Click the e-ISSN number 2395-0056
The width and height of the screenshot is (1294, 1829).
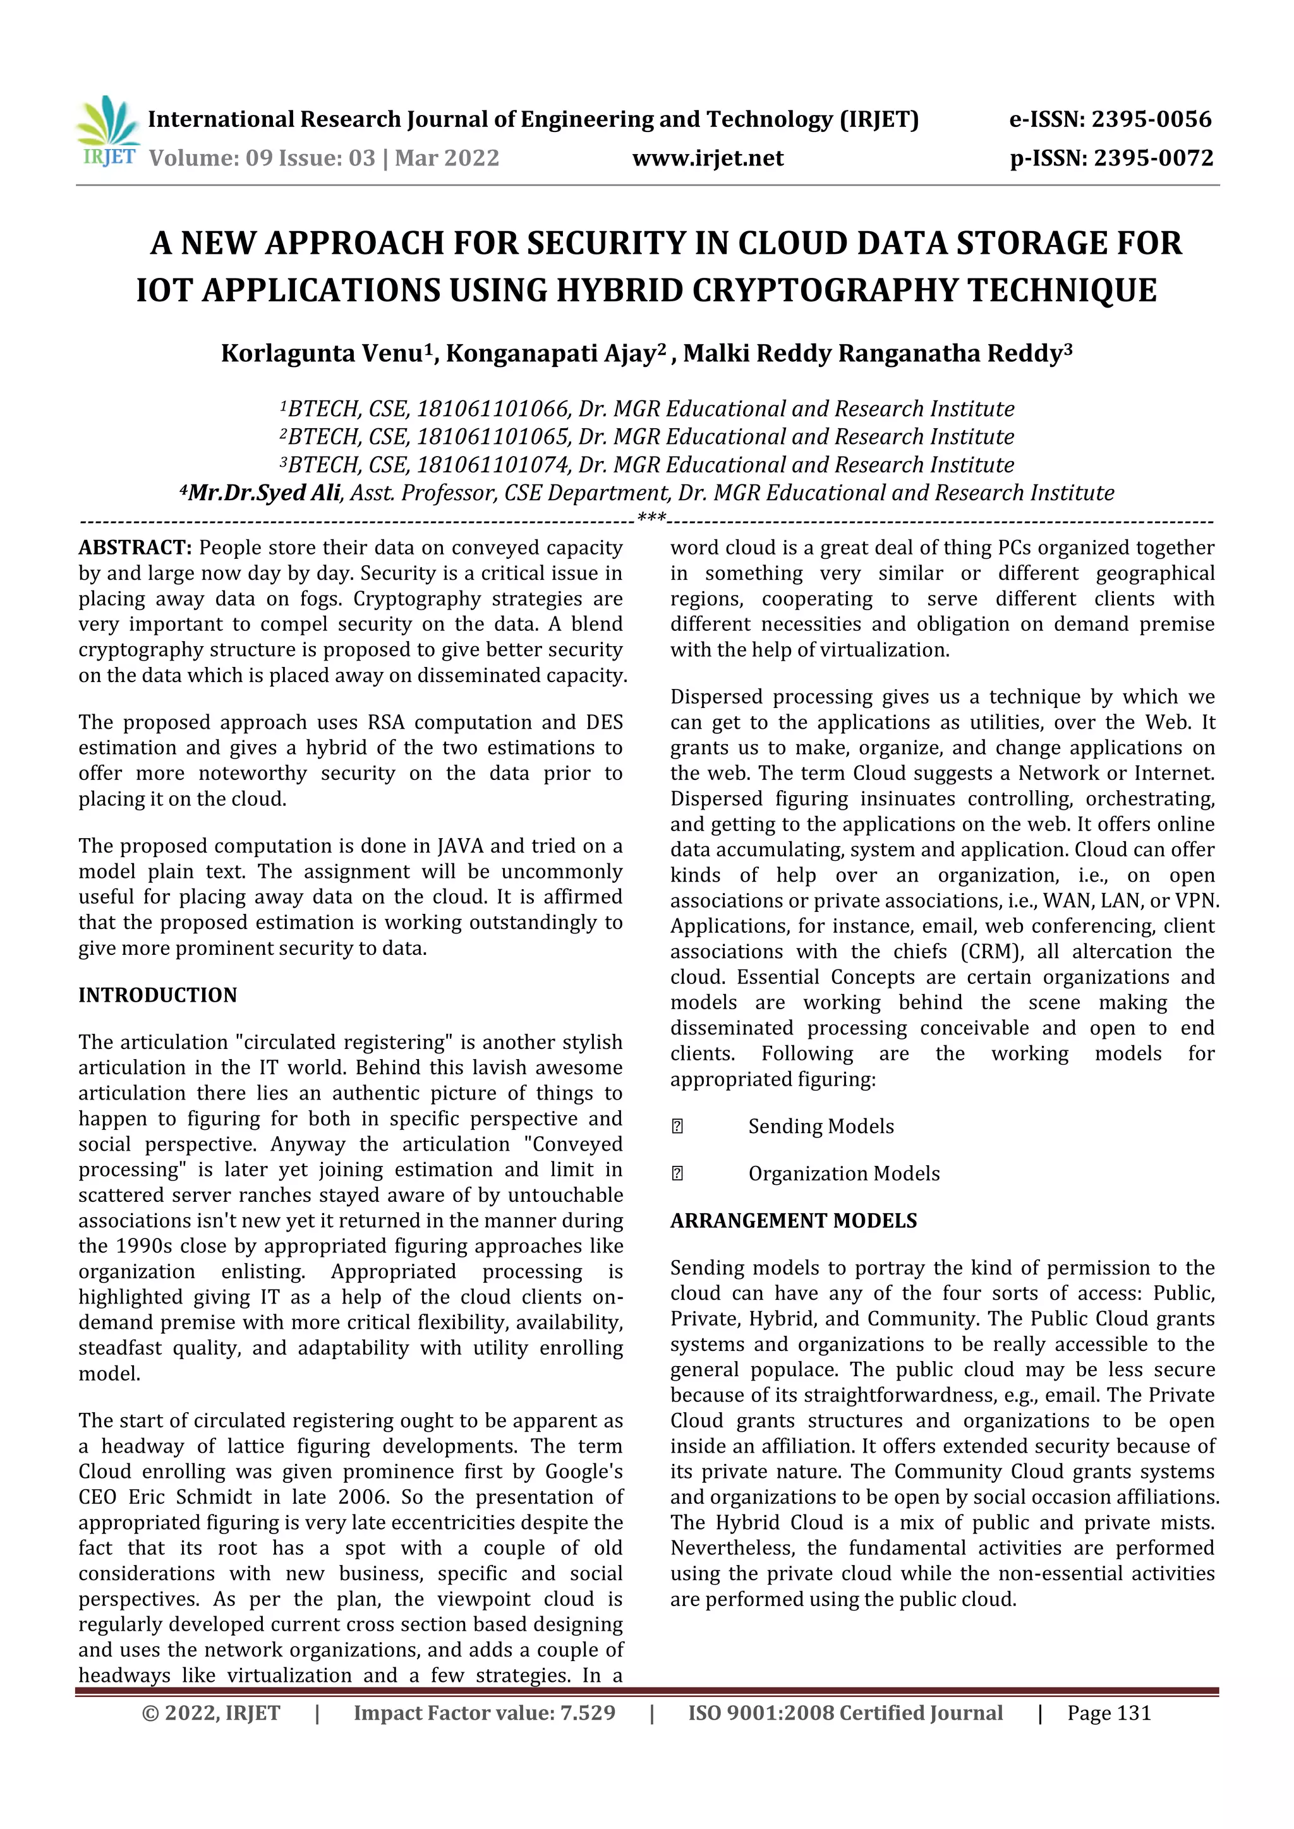coord(1151,119)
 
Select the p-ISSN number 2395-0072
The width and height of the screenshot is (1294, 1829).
coord(1153,158)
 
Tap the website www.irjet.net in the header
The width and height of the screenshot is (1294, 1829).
coord(708,158)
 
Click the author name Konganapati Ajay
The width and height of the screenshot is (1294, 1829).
coord(550,353)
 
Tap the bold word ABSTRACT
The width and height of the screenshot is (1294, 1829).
coord(135,548)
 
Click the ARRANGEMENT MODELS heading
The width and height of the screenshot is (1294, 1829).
coord(794,1220)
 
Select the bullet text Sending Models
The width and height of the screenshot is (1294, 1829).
coord(821,1127)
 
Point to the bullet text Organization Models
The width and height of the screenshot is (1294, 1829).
coord(844,1173)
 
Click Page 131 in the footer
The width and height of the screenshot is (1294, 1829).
coord(1109,1713)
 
